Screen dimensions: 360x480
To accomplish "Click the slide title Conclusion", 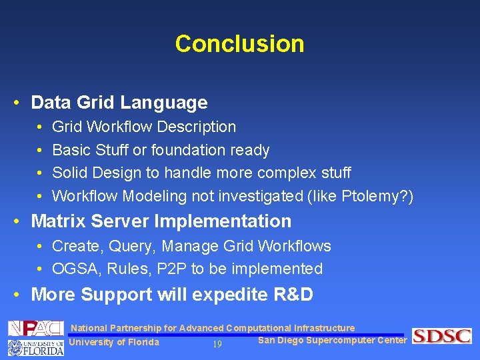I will point(239,44).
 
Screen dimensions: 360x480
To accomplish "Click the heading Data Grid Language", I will point(119,103).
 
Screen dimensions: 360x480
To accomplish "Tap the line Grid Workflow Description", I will point(144,127).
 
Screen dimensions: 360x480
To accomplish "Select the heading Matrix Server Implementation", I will point(161,221).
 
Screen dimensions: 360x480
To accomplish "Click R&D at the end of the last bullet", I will point(291,294).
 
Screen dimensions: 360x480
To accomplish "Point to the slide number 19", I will point(217,344).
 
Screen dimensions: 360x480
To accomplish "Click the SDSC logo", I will point(441,336).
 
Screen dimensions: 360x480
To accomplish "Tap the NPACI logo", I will point(35,328).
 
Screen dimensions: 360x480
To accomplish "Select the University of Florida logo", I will point(35,347).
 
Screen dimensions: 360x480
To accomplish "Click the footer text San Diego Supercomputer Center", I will point(332,341).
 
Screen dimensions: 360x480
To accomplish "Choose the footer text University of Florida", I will point(114,343).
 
